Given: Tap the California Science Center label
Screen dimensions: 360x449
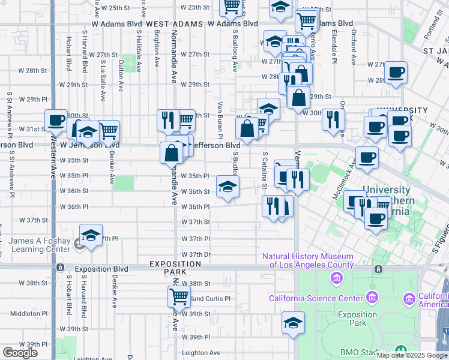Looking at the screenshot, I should pyautogui.click(x=316, y=298).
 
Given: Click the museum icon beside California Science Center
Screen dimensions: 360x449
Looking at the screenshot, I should pyautogui.click(x=373, y=298).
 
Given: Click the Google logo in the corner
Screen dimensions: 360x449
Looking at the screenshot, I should pyautogui.click(x=20, y=353).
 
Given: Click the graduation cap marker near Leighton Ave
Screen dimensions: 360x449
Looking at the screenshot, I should pyautogui.click(x=292, y=322).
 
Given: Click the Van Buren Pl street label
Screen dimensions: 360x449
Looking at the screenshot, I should pyautogui.click(x=220, y=116).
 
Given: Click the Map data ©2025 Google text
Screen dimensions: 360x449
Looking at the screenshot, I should pyautogui.click(x=412, y=355).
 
